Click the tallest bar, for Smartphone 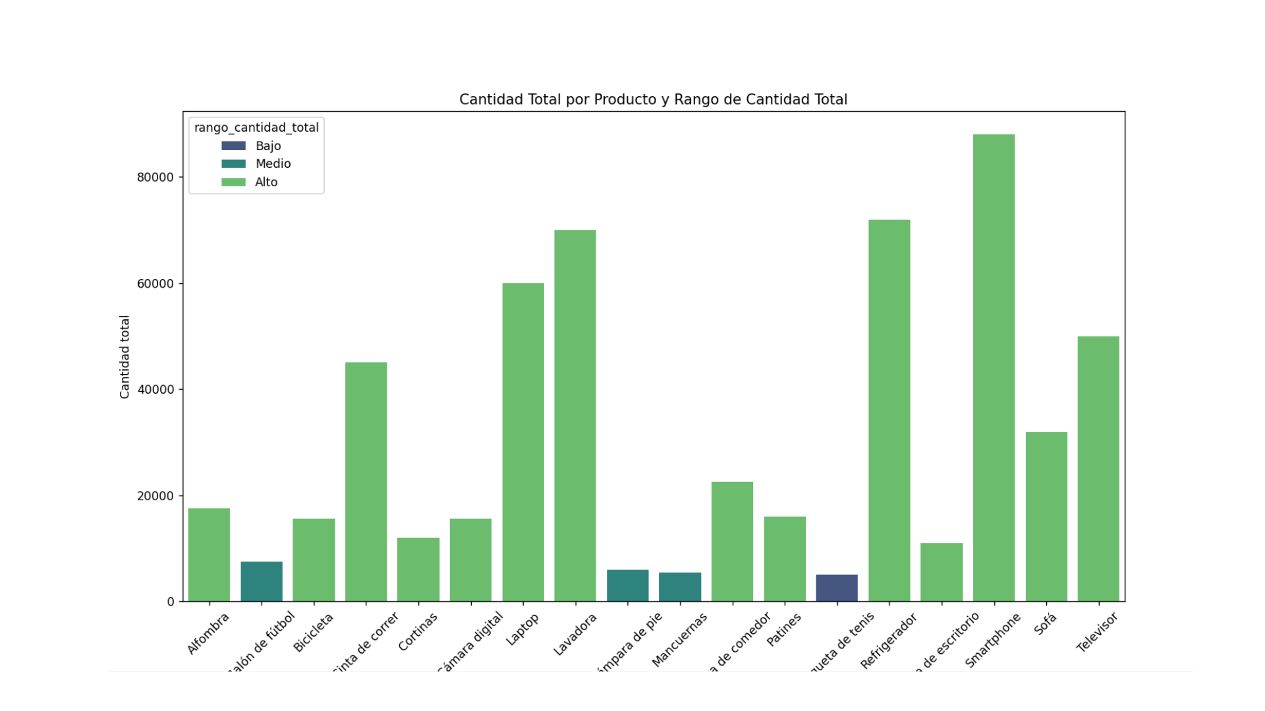[x=994, y=369]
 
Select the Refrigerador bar [x=889, y=411]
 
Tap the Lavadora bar [x=575, y=416]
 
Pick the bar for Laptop [x=523, y=442]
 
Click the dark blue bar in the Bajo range [x=837, y=588]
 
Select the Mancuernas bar [x=680, y=587]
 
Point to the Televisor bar [x=1098, y=469]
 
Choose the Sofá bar [x=1046, y=517]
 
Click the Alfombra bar [x=209, y=555]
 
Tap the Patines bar [x=785, y=559]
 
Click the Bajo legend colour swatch [x=233, y=146]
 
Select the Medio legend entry [x=273, y=164]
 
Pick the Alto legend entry [x=266, y=182]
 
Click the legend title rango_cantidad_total [x=256, y=128]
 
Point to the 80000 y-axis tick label [x=155, y=178]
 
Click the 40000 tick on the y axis [x=155, y=390]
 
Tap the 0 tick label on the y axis [x=171, y=602]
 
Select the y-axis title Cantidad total [x=125, y=357]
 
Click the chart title [x=653, y=99]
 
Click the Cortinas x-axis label [x=418, y=632]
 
